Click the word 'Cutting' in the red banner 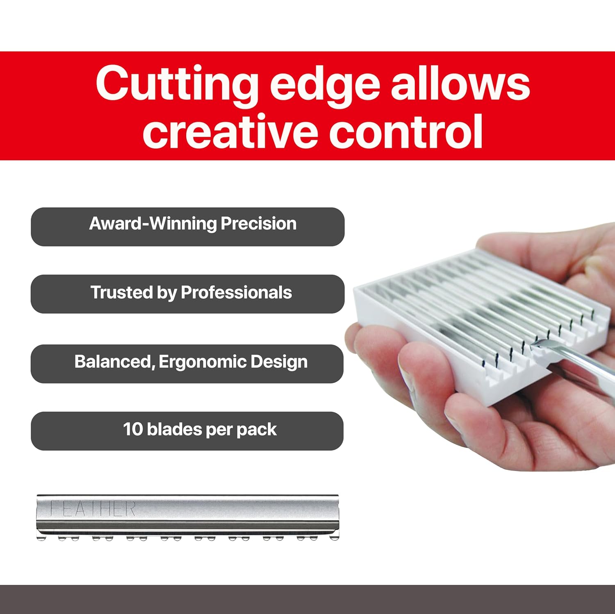(177, 84)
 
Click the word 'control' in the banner (406, 132)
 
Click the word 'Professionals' (236, 293)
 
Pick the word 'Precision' (258, 224)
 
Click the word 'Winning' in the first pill (182, 224)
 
